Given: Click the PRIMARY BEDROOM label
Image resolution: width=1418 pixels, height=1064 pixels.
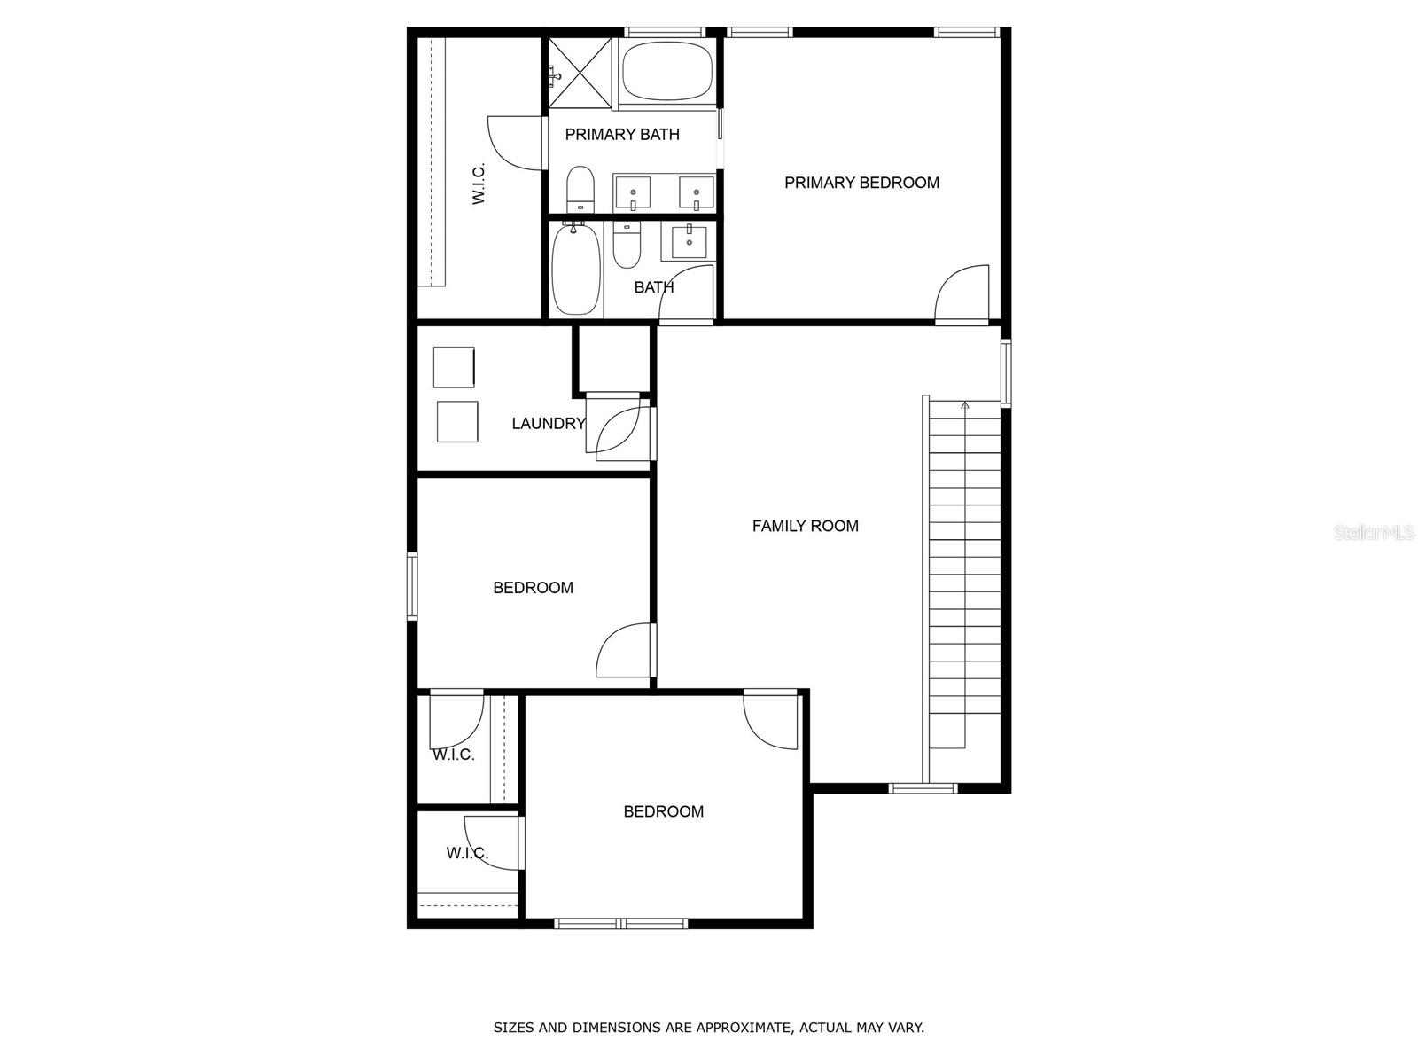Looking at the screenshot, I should coord(861,183).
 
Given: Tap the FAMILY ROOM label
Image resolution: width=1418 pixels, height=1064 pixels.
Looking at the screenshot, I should coord(805,526).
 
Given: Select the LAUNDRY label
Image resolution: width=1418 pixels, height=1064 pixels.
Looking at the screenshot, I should coord(548,424).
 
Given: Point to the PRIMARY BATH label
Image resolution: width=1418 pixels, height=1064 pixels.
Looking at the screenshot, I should coord(622,135).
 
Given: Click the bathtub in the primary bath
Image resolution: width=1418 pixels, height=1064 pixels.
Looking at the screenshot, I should coord(667,73).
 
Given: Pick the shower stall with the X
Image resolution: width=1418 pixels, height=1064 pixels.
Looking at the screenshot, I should coord(580,72).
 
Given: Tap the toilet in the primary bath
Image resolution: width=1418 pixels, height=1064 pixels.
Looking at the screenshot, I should coord(580,188).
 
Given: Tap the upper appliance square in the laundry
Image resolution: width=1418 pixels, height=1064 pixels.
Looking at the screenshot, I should coord(454,367).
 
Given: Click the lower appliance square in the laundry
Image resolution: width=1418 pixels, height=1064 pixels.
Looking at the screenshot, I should coord(457,422).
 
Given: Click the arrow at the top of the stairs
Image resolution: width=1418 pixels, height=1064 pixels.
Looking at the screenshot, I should coord(965,405).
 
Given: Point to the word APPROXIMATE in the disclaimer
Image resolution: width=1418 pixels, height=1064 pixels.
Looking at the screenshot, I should coord(743,1029).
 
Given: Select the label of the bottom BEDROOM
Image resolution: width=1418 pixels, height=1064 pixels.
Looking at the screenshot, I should coord(663,811).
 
